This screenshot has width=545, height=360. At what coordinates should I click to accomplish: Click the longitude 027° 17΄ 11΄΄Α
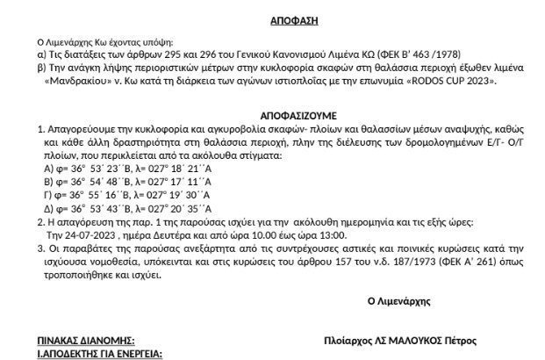click(x=193, y=181)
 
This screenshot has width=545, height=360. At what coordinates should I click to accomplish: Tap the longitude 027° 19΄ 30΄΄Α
click(x=191, y=195)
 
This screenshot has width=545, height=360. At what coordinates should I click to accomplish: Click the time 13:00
click(x=328, y=236)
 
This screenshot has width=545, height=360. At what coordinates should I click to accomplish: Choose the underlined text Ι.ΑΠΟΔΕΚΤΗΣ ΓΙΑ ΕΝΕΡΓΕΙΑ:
click(x=99, y=353)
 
